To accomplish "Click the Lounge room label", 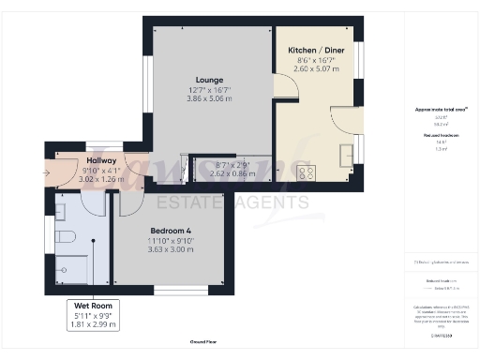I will (208, 80).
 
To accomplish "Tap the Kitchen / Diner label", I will (314, 48).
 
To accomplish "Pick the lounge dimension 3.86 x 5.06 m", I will (208, 98).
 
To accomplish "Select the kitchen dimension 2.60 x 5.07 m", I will (314, 68).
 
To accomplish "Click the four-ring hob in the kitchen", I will (306, 172).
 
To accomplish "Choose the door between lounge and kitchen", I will (283, 88).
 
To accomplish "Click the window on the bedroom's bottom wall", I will (176, 289).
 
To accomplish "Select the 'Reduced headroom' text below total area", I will (434, 135).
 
